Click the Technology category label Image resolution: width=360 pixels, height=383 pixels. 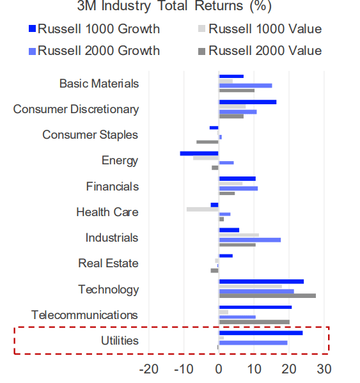point(108,289)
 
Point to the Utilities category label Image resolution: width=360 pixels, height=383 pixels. point(120,340)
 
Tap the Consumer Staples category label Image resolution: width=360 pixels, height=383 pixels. point(90,135)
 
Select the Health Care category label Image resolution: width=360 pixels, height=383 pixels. point(107,212)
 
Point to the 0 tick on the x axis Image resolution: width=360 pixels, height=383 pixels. point(219,369)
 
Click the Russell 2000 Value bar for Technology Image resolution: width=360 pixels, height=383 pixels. point(267,296)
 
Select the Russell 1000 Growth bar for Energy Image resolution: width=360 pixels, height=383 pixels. point(200,153)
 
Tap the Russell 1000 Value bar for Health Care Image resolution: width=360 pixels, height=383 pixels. point(203,209)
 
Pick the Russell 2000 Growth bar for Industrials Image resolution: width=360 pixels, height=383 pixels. point(249,240)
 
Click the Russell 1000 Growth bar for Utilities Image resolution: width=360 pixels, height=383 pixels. point(261,333)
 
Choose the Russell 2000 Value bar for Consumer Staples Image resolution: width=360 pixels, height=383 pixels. point(207,142)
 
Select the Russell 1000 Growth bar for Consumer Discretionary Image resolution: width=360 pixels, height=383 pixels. point(247,102)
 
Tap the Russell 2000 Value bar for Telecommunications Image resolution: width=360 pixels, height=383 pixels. point(254,322)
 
